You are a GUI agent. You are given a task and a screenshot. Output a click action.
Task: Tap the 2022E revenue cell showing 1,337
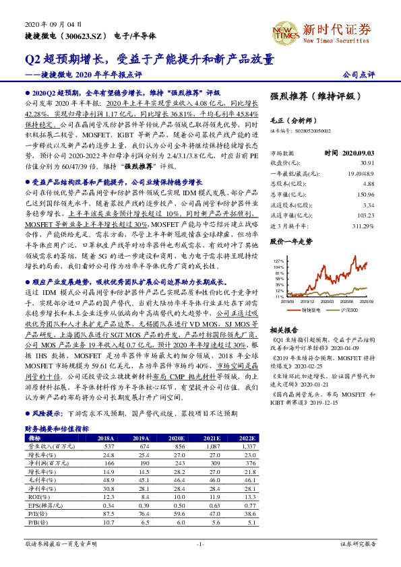pyautogui.click(x=249, y=446)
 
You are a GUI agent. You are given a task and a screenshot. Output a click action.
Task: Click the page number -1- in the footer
pyautogui.click(x=200, y=543)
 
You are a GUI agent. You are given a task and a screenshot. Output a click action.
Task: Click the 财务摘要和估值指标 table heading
pyautogui.click(x=57, y=428)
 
